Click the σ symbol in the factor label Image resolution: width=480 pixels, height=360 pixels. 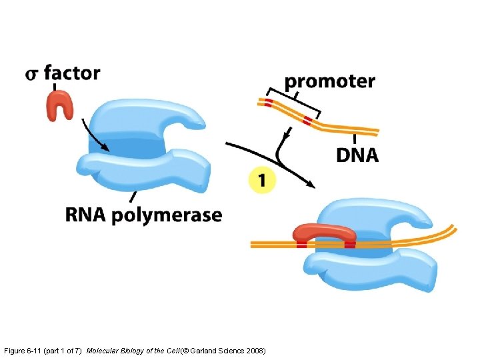[33, 74]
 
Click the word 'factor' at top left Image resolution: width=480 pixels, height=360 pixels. [72, 72]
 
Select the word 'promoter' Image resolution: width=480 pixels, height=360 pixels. [329, 82]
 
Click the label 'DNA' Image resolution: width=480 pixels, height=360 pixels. [357, 155]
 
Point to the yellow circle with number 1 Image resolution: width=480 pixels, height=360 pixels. [261, 180]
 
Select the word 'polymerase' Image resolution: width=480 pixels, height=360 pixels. [167, 216]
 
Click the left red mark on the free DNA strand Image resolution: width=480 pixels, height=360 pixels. [268, 103]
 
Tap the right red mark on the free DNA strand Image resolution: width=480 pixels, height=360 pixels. [307, 121]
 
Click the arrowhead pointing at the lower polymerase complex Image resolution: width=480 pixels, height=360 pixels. [311, 185]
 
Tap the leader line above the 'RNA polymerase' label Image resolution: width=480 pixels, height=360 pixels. [134, 196]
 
